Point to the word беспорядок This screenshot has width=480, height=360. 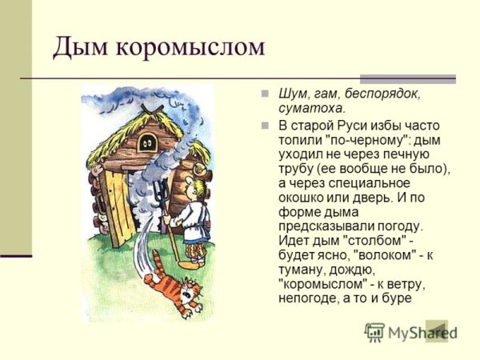(386, 93)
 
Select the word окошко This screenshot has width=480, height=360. (304, 198)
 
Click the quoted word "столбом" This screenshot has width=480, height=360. (378, 241)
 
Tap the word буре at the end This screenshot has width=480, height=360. (397, 298)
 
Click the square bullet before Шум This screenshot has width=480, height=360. (266, 93)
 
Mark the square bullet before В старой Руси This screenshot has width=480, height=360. (266, 126)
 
